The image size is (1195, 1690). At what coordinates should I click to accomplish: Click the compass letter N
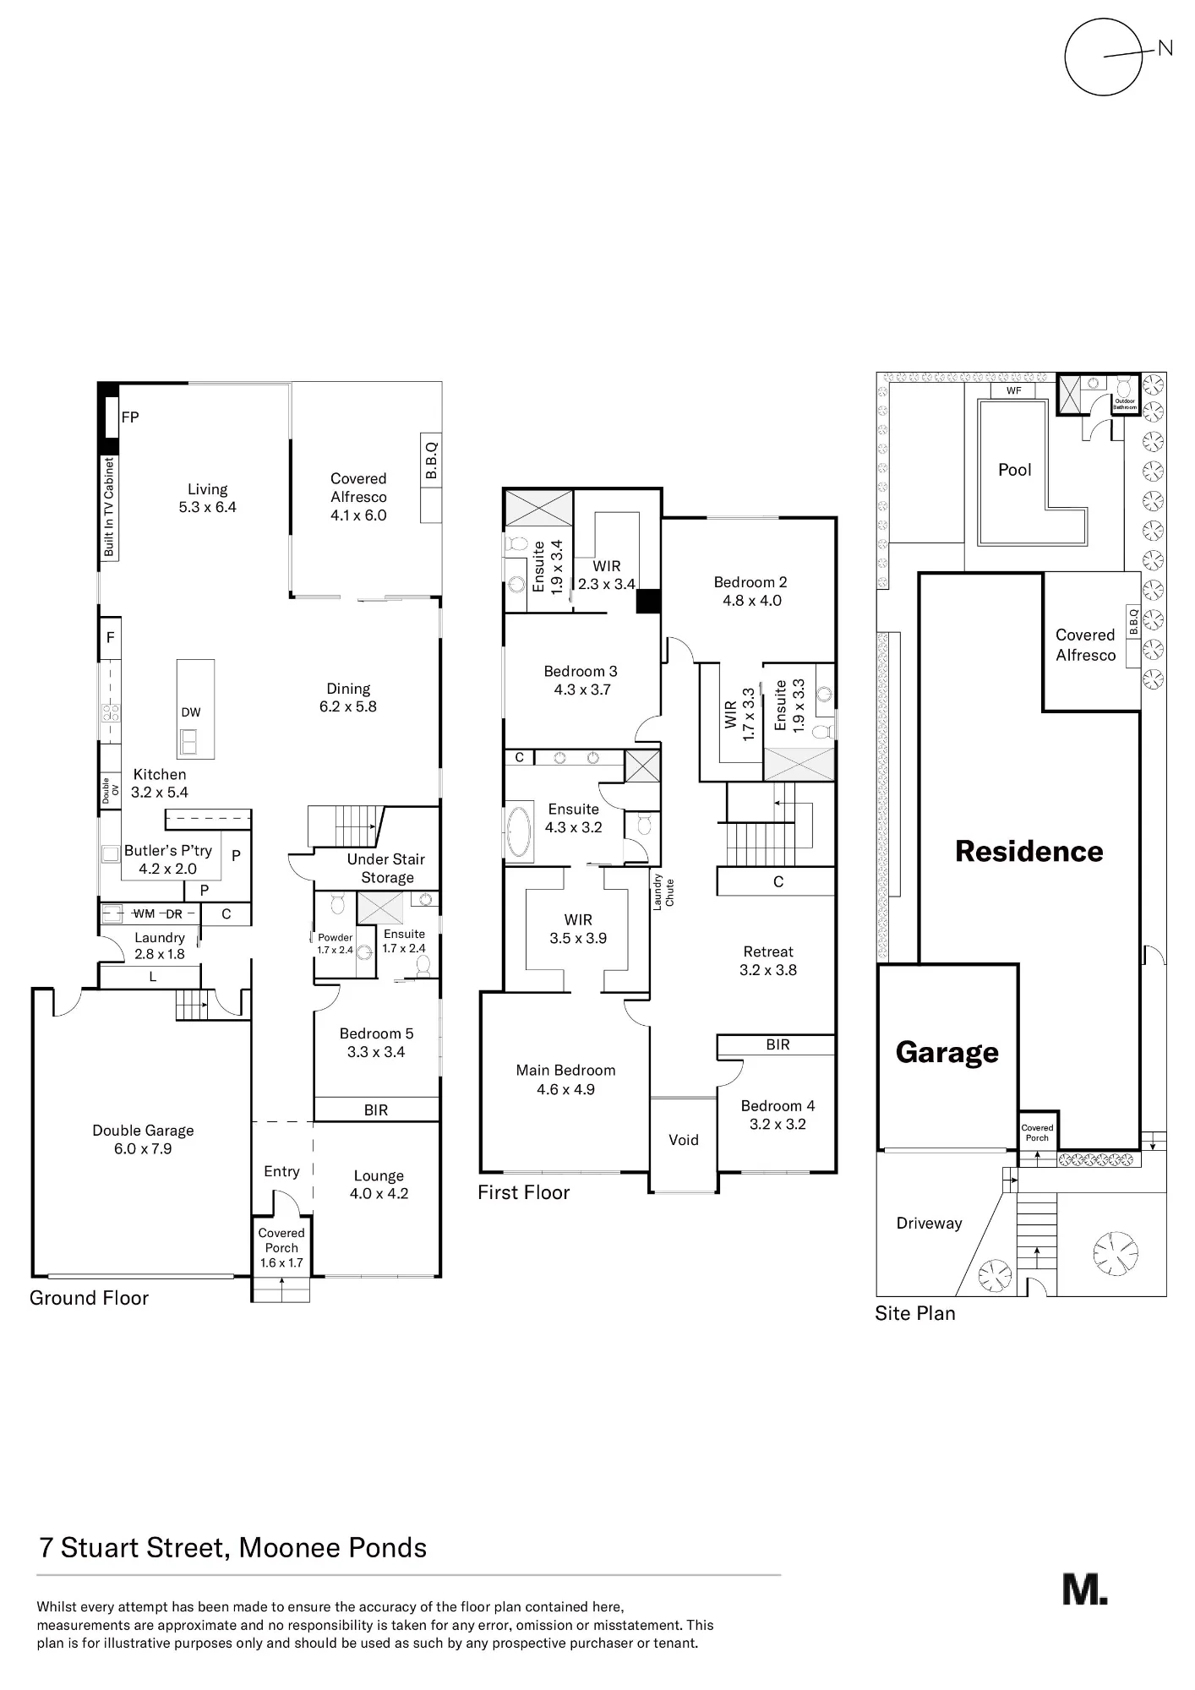tap(1165, 49)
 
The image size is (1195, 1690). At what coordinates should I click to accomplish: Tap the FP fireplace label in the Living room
tap(130, 417)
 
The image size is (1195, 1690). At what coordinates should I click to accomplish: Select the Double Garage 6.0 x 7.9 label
tap(143, 1139)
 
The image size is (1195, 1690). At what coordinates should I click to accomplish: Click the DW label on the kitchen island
tap(191, 712)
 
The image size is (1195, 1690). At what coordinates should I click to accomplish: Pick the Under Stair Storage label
tap(386, 868)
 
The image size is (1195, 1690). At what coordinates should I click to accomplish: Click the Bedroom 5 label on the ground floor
tap(377, 1033)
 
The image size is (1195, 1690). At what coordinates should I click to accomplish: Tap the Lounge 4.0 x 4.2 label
tap(379, 1185)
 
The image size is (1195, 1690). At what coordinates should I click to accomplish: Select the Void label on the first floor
tap(684, 1140)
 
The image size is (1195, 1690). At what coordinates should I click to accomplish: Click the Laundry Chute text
tap(663, 891)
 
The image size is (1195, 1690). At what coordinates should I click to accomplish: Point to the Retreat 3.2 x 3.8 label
tap(768, 961)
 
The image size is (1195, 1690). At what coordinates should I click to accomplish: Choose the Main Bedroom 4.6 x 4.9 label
tap(565, 1080)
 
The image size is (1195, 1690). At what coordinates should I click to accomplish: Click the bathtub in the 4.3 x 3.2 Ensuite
tap(518, 831)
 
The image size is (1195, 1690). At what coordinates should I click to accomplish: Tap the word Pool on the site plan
tap(1015, 470)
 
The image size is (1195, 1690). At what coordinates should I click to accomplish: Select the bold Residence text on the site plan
tap(1029, 851)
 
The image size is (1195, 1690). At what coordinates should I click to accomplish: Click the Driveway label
tap(930, 1224)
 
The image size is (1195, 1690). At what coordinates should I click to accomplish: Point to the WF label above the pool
tap(1014, 390)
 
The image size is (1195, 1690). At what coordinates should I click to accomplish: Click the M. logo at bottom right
tap(1085, 1589)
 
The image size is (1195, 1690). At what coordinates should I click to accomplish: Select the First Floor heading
tap(524, 1192)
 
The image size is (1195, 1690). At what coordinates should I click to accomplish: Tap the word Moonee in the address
tap(283, 1548)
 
